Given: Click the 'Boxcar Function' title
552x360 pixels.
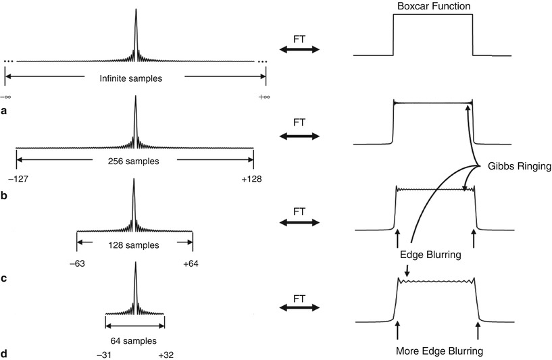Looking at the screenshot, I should coord(433,7).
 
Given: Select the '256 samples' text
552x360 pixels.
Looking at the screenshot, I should coord(135,161).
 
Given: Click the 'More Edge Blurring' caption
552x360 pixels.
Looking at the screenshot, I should coord(437,351).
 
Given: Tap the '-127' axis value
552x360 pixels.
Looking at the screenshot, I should coord(18,180).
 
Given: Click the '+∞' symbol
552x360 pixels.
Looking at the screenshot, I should coord(264,97).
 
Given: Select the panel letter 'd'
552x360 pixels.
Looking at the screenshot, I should coord(4,353).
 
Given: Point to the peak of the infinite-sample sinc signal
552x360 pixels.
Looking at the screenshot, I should coord(135,10).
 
